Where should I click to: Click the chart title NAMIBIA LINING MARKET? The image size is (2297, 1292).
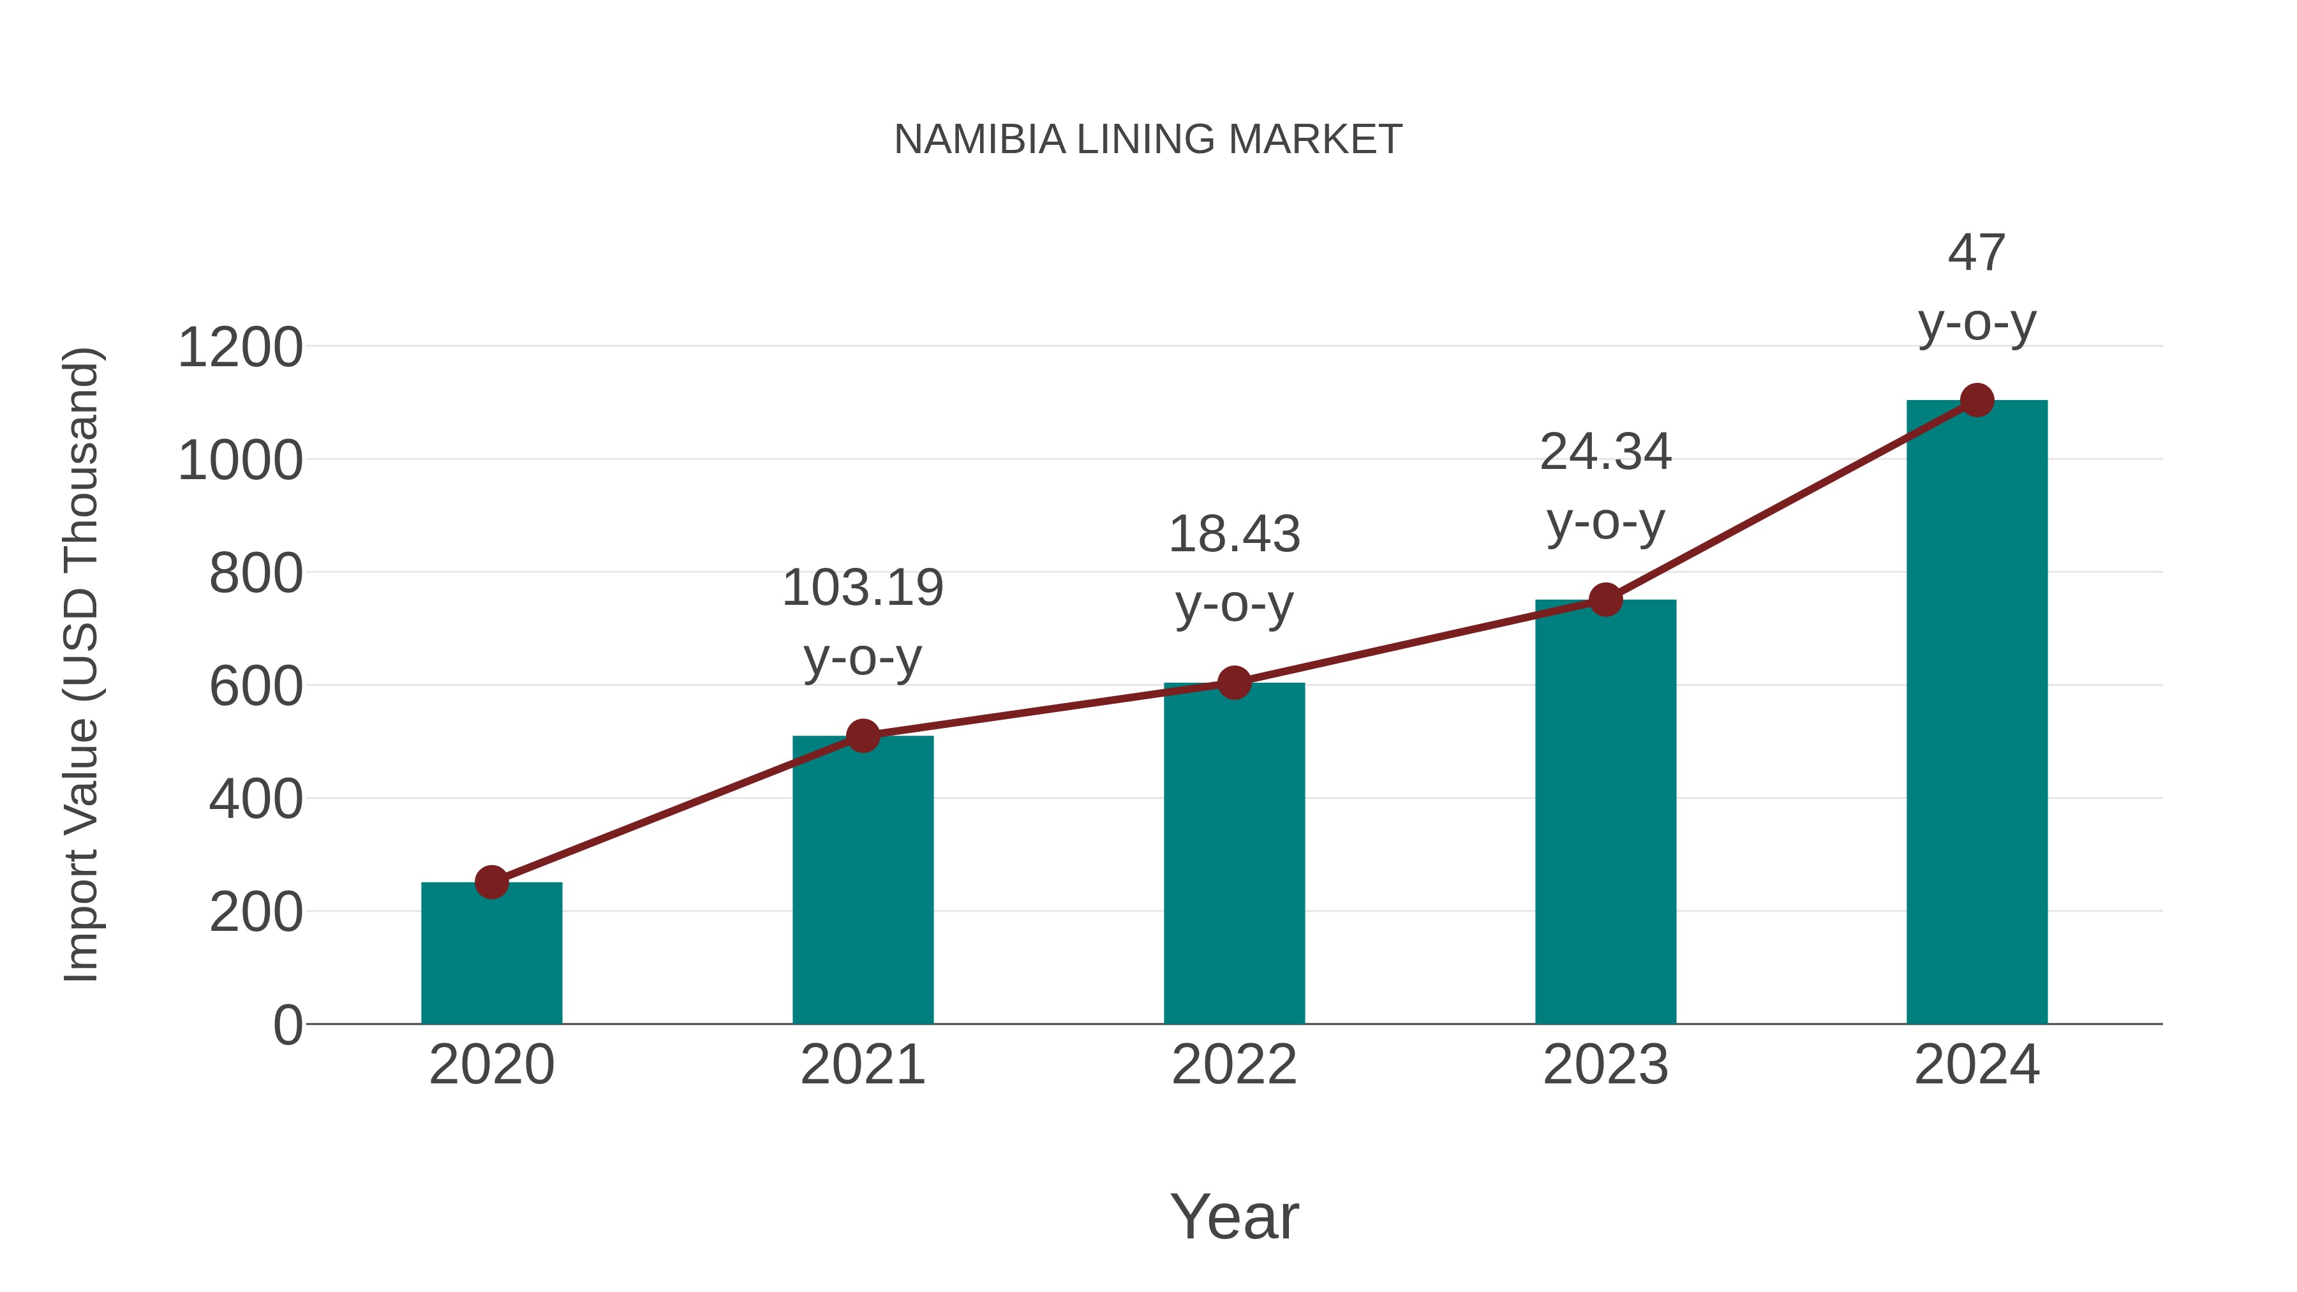click(x=1148, y=140)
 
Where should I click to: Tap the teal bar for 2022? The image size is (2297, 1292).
click(x=1234, y=856)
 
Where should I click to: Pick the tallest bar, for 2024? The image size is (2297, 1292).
click(x=1977, y=713)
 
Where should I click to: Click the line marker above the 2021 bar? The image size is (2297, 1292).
click(x=862, y=736)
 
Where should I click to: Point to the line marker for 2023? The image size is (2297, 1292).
click(x=1605, y=600)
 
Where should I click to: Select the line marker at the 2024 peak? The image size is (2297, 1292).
click(x=1977, y=400)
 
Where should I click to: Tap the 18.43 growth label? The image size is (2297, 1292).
click(x=1234, y=569)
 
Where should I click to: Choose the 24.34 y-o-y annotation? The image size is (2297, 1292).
click(x=1605, y=486)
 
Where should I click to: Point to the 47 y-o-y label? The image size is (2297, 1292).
click(x=1977, y=287)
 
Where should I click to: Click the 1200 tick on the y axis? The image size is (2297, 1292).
click(x=240, y=348)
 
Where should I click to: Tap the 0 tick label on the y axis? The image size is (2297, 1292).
click(x=287, y=1025)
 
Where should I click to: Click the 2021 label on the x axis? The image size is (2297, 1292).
click(x=862, y=1065)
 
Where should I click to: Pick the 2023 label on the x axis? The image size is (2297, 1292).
click(x=1605, y=1065)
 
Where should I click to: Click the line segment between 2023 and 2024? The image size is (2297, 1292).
click(x=1790, y=500)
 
